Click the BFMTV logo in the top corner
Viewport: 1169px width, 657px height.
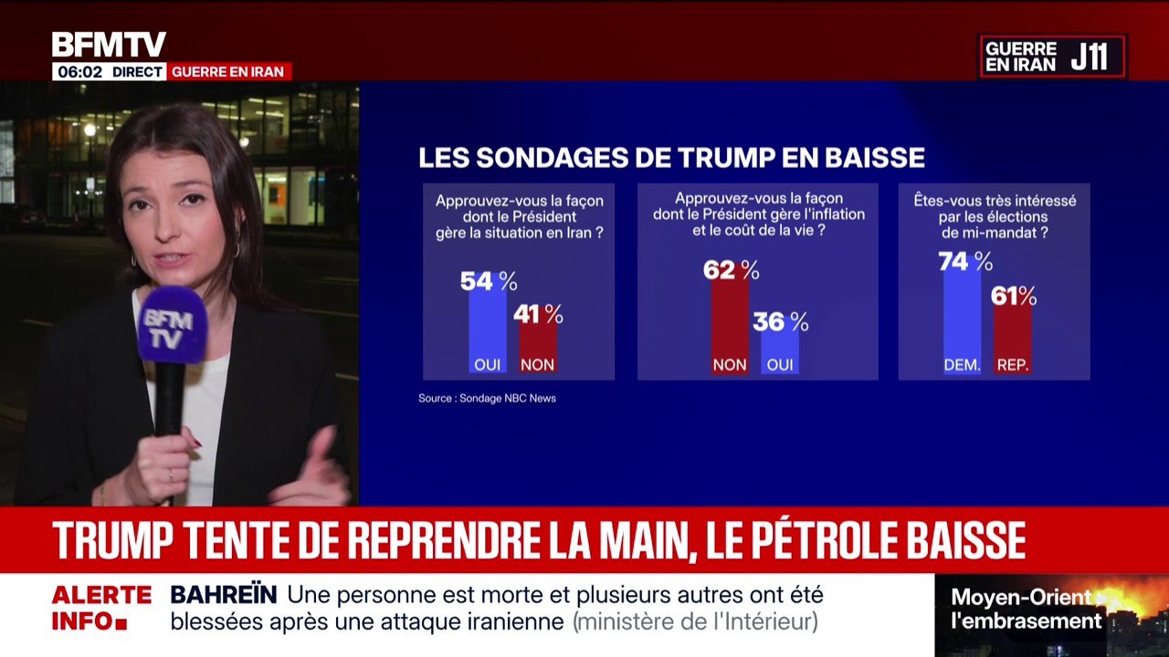(109, 45)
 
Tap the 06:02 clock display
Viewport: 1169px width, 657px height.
(79, 71)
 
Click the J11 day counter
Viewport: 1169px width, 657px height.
(1089, 57)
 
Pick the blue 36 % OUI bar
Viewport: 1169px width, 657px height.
(779, 350)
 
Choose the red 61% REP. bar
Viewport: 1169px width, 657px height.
(1012, 338)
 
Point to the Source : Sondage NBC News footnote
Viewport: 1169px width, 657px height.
(487, 398)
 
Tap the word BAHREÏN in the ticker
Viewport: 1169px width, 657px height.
(224, 595)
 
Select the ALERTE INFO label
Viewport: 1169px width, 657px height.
(100, 609)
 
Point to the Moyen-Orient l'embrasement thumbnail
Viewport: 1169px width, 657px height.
(1051, 614)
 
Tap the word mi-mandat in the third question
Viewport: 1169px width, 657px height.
(1003, 232)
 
